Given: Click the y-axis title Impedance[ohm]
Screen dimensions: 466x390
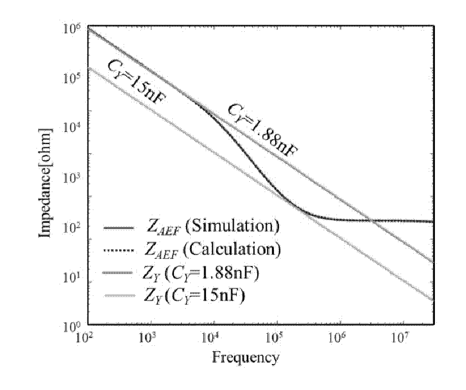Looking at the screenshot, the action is coord(46,183).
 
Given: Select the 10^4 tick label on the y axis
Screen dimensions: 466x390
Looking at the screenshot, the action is coord(70,128).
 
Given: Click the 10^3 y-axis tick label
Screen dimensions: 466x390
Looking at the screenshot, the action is coord(70,178).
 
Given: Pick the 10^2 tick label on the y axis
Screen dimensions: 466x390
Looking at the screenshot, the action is coord(70,228).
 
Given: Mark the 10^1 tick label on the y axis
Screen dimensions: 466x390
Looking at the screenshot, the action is coord(70,278).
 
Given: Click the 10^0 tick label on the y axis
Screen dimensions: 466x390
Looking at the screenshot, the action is coord(70,328).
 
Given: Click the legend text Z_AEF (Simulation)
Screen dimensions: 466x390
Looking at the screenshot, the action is coord(213,228).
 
